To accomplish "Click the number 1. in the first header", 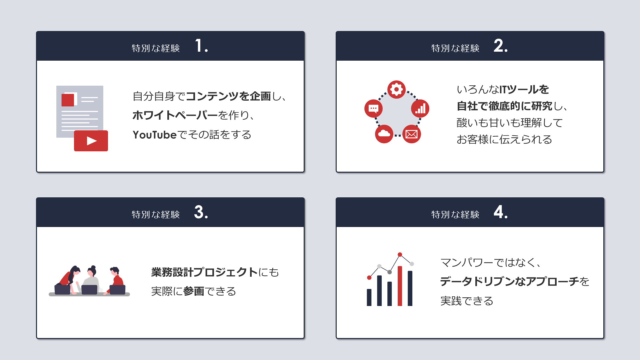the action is point(201,46).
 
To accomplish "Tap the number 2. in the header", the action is point(501,46).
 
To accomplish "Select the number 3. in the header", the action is point(201,212).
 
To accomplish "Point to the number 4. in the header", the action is point(501,212).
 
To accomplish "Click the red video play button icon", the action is point(91,141).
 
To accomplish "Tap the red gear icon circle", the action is point(396,89).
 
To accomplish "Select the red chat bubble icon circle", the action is point(373,108).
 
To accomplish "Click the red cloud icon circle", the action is point(384,134).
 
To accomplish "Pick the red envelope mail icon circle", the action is point(412,134).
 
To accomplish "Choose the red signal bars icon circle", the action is point(420,108).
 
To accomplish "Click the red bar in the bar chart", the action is point(400,286).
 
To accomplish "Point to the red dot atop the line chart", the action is point(400,255).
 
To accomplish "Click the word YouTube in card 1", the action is point(154,135).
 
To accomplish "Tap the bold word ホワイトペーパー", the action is point(175,115).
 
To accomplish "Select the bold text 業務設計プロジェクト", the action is point(204,272).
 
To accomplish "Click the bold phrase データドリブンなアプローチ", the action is point(510,282).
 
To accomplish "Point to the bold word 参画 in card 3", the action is point(194,291).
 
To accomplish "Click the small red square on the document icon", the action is point(68,100).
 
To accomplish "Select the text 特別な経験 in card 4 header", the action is point(455,215).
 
